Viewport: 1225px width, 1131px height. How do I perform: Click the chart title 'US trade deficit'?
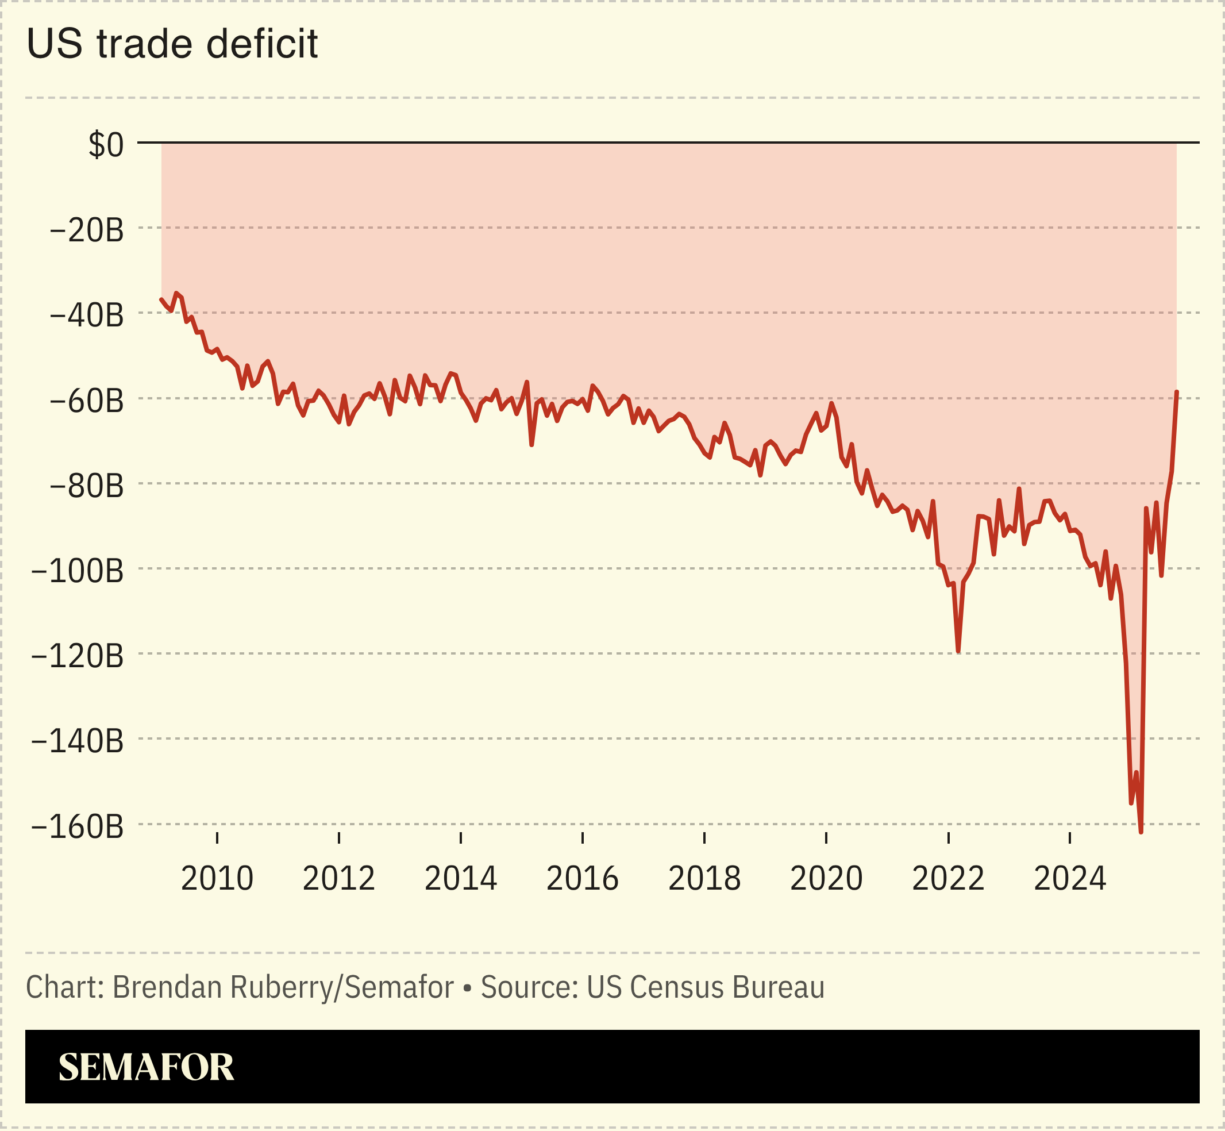[172, 44]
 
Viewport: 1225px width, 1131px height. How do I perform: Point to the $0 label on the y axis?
[106, 145]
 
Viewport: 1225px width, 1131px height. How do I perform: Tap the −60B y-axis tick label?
[86, 402]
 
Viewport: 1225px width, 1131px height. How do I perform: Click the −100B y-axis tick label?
[77, 572]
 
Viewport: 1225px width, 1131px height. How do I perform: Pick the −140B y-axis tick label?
[77, 742]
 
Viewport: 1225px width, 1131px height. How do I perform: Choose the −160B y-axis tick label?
[77, 827]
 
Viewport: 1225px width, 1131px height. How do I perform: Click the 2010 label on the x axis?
[217, 879]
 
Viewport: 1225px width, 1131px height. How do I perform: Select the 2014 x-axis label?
[461, 879]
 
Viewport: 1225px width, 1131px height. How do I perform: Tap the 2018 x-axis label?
[704, 879]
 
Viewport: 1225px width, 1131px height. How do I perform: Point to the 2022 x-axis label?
[948, 879]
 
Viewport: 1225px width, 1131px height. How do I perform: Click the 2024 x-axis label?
[1070, 879]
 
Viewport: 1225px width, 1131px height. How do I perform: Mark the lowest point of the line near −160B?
[1141, 832]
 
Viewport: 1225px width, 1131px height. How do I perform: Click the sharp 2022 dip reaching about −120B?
[958, 651]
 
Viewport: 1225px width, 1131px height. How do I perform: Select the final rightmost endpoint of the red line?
[1177, 392]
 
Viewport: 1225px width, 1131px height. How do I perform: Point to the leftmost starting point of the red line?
[161, 299]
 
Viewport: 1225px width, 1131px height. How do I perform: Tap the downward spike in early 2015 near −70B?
[531, 445]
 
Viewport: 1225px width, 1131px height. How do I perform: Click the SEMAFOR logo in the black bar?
[147, 1067]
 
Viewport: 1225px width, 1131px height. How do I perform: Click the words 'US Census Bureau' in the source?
[705, 987]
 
